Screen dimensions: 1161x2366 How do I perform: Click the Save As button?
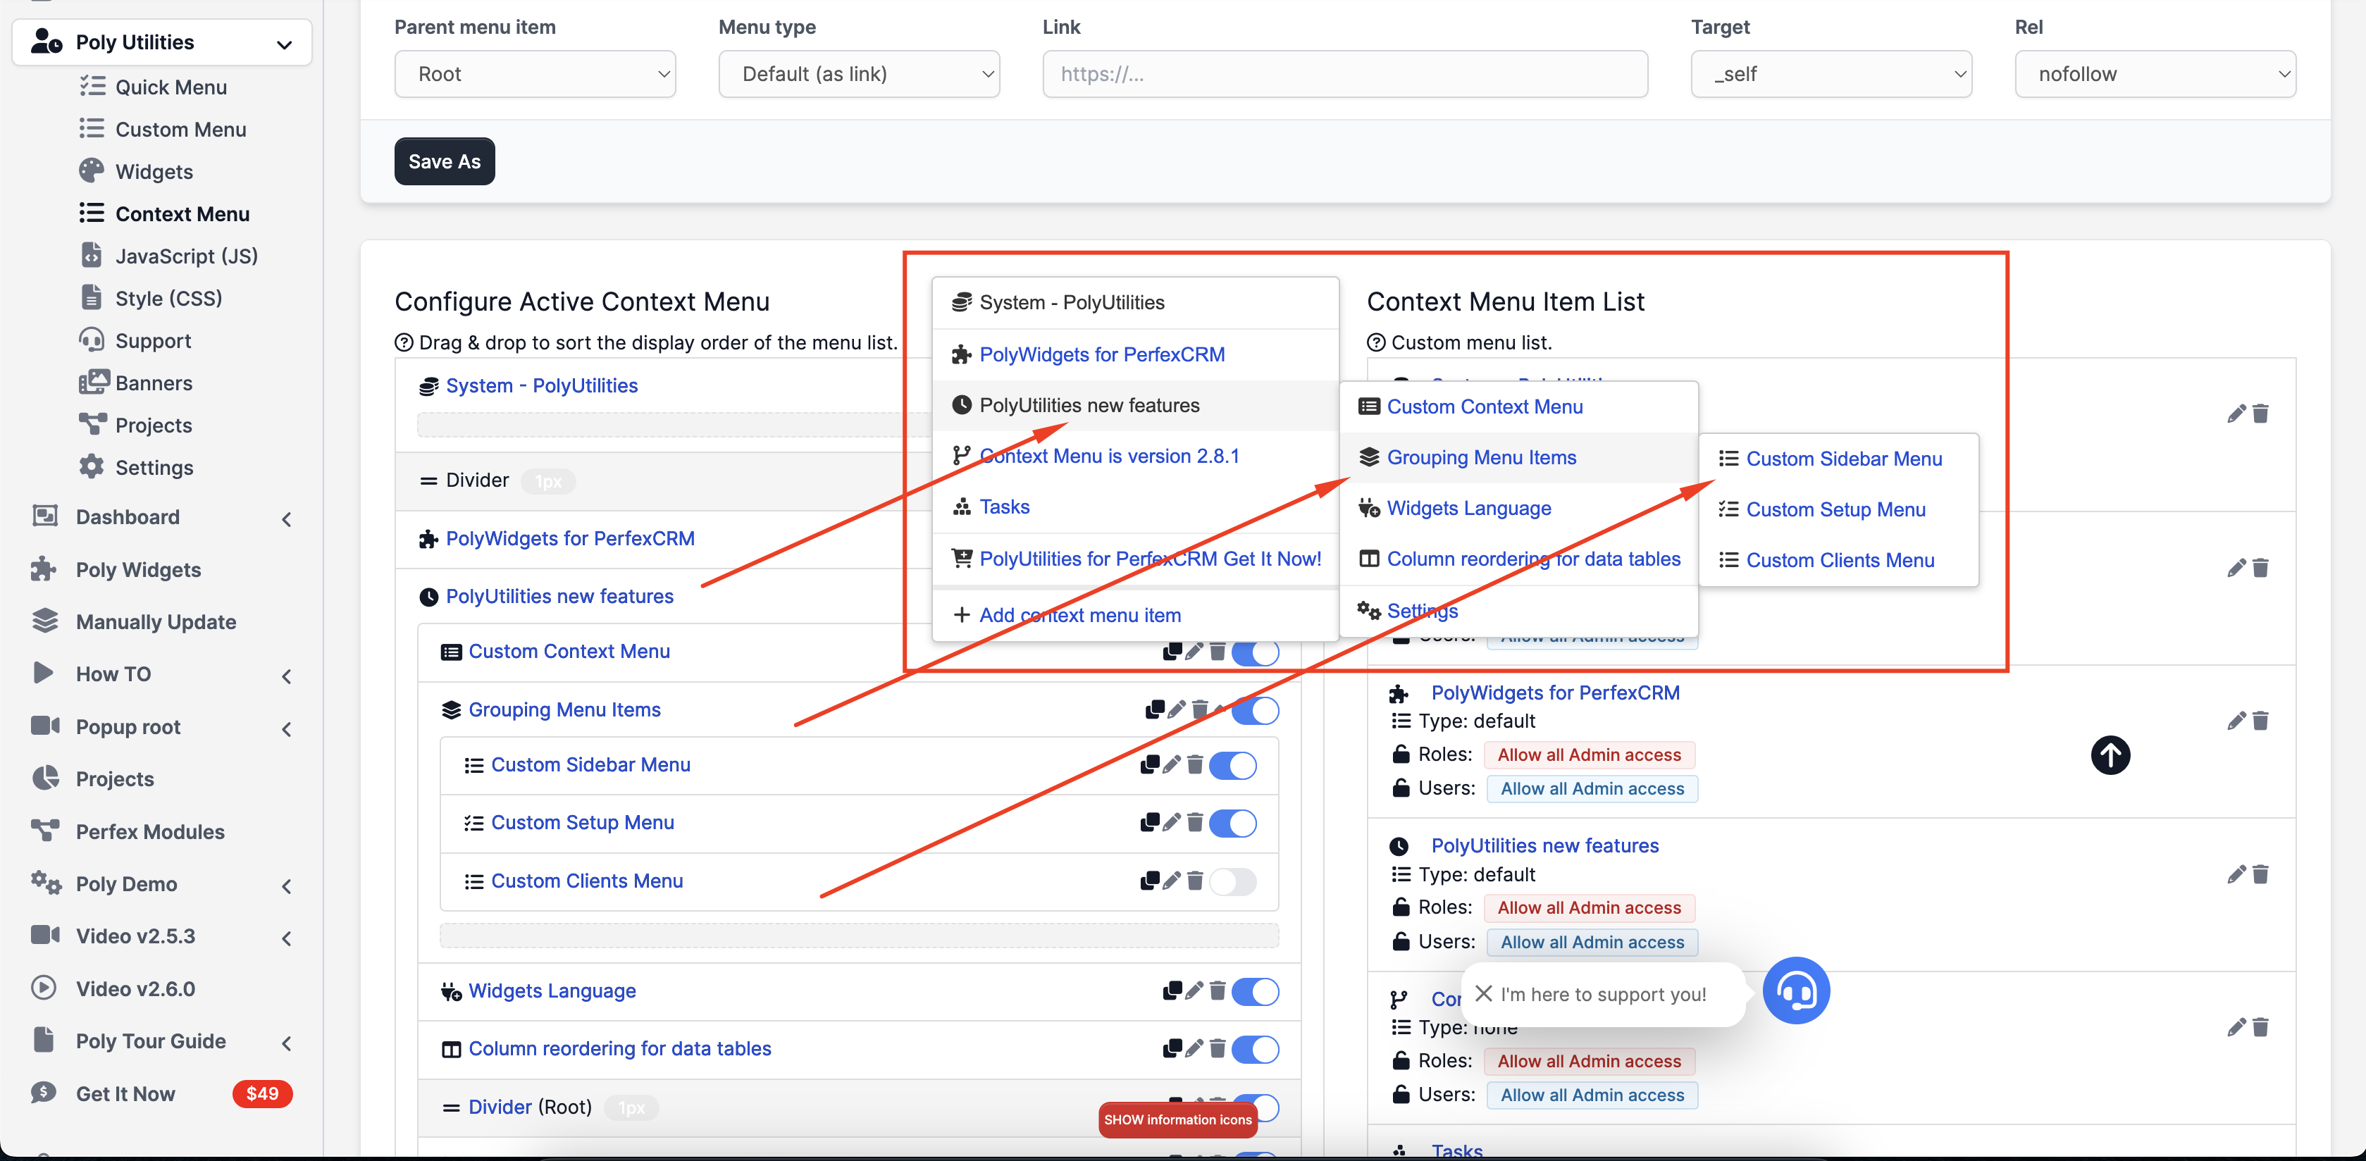click(445, 161)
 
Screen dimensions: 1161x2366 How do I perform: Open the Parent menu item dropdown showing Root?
click(535, 75)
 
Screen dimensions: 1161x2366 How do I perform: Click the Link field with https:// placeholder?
click(1344, 75)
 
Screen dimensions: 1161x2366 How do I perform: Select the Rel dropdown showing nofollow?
click(2155, 75)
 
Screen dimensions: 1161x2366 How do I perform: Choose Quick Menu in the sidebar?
click(171, 87)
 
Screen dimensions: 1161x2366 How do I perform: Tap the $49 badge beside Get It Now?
click(262, 1093)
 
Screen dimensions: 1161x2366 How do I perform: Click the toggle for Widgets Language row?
click(1255, 991)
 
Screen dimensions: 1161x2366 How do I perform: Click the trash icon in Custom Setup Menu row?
click(1195, 822)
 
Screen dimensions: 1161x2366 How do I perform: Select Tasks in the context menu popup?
click(1004, 507)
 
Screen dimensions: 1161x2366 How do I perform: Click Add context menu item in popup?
click(1079, 616)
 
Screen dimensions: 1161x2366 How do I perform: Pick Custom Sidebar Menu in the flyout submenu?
click(1843, 459)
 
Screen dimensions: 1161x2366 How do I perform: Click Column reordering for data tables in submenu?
click(1533, 559)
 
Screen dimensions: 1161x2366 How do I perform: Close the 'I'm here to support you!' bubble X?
click(1483, 994)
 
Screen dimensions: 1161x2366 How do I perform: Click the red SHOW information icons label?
click(1177, 1119)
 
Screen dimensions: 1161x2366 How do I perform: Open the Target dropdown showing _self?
click(1831, 75)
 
